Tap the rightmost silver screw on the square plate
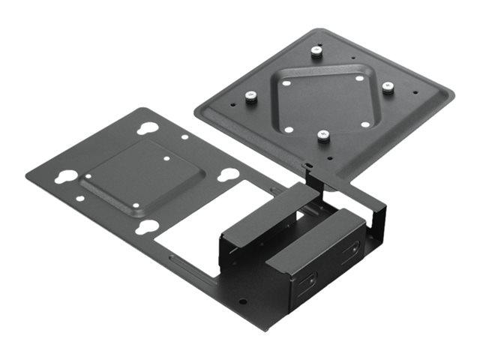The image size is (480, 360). (x=387, y=87)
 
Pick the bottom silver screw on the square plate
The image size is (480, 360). (x=323, y=136)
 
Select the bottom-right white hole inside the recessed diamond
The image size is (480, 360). (x=364, y=124)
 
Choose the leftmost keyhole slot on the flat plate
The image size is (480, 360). (x=66, y=178)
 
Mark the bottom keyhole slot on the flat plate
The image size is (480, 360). (x=149, y=226)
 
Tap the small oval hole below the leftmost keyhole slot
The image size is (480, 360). (x=81, y=200)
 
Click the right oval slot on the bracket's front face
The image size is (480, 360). (x=350, y=253)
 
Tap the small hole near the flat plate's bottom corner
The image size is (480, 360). (x=241, y=303)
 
